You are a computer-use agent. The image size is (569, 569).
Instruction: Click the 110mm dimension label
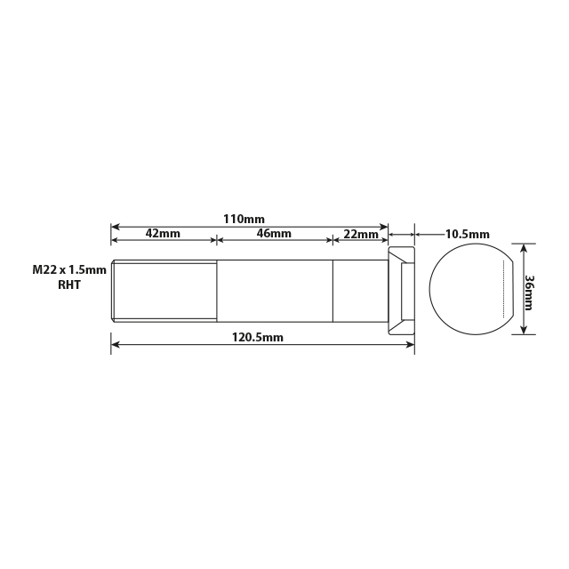[x=243, y=219]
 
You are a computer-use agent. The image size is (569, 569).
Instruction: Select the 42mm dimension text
[x=163, y=234]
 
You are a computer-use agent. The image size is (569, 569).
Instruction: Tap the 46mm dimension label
[x=274, y=234]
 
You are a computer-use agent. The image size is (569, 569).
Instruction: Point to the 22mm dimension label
[x=360, y=234]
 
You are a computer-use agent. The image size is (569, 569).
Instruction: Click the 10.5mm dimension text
[x=467, y=235]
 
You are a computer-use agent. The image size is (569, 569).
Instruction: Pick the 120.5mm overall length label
[x=258, y=337]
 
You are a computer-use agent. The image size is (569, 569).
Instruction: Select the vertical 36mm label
[x=530, y=292]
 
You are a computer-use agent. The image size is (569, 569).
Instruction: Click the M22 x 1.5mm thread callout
[x=69, y=269]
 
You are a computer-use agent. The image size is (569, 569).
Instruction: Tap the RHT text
[x=69, y=285]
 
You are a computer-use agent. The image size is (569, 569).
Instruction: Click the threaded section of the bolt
[x=164, y=290]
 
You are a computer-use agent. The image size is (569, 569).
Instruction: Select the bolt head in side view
[x=402, y=290]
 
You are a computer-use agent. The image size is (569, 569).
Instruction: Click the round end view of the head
[x=469, y=290]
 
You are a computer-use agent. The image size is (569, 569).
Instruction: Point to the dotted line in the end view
[x=506, y=290]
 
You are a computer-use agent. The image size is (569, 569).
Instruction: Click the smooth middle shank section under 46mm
[x=275, y=290]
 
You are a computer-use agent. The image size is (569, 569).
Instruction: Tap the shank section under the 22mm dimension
[x=360, y=290]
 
